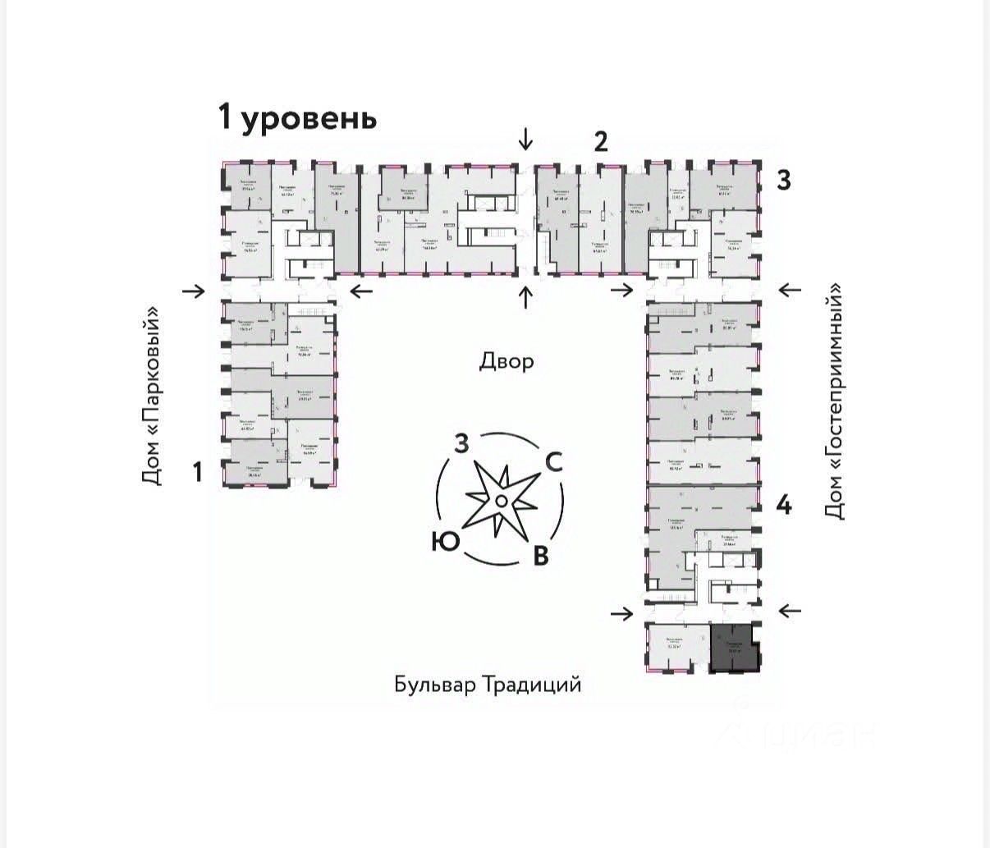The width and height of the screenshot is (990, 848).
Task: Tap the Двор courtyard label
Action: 506,361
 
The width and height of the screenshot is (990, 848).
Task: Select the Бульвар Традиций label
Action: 488,685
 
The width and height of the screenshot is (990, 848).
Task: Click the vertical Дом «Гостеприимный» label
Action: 835,401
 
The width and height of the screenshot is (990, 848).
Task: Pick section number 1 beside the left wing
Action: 197,472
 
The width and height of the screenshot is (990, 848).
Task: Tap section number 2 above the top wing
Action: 601,142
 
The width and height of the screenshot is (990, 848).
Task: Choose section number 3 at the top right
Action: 783,180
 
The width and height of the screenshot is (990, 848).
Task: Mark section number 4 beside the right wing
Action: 784,506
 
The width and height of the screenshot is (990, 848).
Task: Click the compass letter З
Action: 462,444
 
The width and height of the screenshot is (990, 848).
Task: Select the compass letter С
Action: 554,462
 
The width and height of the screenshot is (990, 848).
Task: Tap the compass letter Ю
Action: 444,541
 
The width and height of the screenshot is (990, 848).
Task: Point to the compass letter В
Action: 540,556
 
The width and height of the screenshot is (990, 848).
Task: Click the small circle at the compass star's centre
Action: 500,501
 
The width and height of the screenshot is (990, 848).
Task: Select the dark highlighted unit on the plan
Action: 735,648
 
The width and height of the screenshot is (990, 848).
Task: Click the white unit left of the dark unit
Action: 676,648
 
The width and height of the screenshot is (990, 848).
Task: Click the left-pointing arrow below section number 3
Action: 789,289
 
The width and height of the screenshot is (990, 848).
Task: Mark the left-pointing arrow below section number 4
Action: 789,611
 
